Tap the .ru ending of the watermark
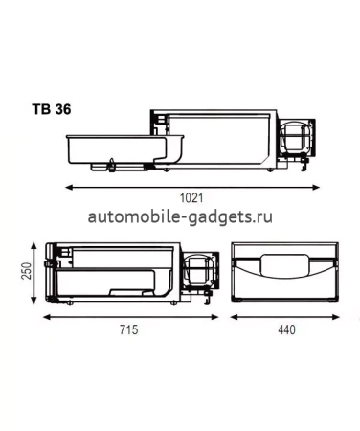[262, 218]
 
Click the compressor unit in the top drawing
[297, 141]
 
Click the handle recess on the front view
[283, 263]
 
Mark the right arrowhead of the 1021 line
[320, 185]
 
